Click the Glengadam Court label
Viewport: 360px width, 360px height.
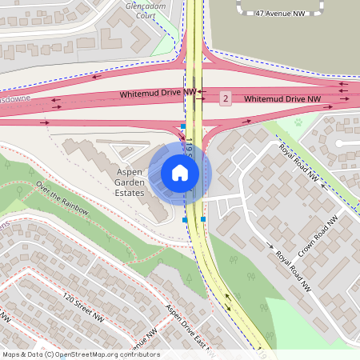(x=144, y=9)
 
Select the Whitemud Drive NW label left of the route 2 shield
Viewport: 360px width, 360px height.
(x=158, y=94)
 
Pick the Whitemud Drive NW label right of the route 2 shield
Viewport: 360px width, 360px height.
(x=282, y=98)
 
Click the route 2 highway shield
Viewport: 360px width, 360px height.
(x=226, y=98)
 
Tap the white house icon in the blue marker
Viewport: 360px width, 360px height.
(x=180, y=173)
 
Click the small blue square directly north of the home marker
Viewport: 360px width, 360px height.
(x=183, y=126)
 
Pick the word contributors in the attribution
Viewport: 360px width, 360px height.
(x=138, y=354)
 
